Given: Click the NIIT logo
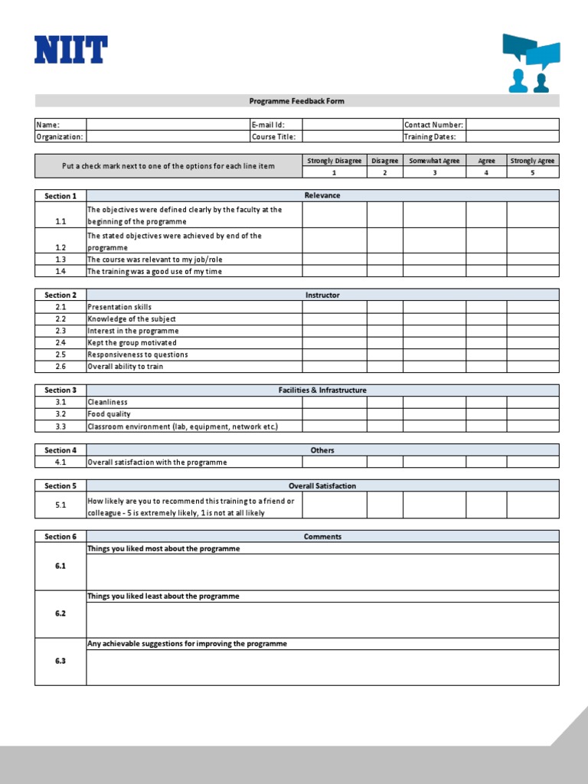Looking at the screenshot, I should coord(70,50).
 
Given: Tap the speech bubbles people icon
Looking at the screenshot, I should coord(531,63).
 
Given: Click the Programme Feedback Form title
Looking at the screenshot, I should coord(297,101).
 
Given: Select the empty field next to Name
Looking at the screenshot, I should coord(167,125).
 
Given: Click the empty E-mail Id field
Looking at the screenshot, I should coord(351,125).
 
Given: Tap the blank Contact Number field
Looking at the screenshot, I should coord(512,125).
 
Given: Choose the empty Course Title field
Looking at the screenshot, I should coord(351,137).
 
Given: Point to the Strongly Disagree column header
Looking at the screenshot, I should coord(334,161).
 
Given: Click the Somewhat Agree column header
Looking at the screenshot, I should coord(434,161).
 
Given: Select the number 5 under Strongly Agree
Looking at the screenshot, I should coord(533,173).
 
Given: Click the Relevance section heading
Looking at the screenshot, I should coord(322,196).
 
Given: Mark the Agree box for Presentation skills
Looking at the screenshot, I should coord(486,307).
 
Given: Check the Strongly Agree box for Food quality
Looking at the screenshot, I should coord(533,414).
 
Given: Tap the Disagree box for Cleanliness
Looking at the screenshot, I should coord(384,402).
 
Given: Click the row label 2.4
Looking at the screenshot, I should coord(60,343).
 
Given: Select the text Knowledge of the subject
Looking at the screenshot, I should coord(132,319).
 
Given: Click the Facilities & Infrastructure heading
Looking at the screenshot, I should coord(322,390).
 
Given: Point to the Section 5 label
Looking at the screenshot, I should coord(60,486).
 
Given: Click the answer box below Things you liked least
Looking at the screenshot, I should coord(322,620).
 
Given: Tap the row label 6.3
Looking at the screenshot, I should coord(60,661).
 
